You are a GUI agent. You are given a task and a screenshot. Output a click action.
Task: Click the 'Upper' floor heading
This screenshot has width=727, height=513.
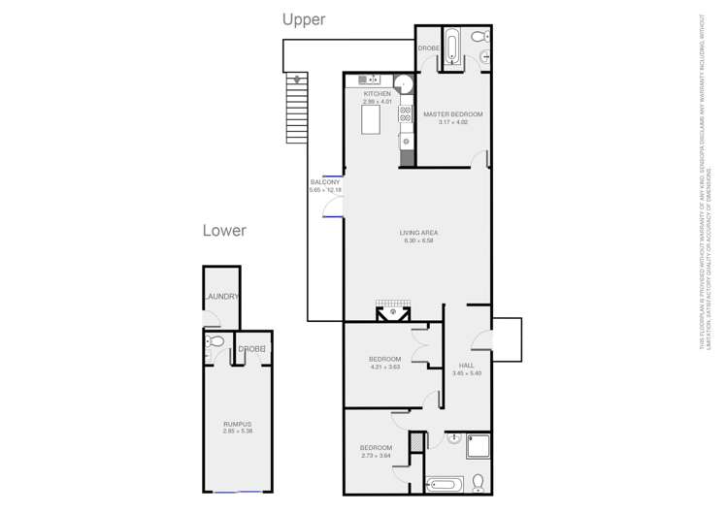(303, 18)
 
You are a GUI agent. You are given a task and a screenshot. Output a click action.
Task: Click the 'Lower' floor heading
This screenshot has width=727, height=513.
(223, 231)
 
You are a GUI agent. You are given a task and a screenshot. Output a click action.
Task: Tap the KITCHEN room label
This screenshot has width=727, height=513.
(377, 94)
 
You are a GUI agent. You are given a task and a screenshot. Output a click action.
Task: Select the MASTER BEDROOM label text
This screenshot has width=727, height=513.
(452, 114)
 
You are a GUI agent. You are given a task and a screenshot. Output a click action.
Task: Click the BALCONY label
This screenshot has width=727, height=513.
(325, 182)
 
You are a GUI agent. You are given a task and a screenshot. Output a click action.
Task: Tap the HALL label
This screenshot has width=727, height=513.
(466, 366)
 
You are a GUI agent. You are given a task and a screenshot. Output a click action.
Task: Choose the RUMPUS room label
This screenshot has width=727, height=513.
(237, 424)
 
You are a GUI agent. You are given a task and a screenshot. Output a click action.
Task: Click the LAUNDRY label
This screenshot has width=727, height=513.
(221, 298)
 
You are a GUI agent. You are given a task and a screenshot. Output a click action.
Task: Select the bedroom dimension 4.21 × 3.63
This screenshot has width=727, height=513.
(384, 367)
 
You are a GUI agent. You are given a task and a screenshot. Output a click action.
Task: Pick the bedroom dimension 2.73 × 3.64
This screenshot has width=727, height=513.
(376, 455)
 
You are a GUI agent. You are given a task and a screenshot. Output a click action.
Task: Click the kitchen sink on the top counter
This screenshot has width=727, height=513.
(369, 80)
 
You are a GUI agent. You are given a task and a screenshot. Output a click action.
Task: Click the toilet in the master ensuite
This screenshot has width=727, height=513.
(477, 38)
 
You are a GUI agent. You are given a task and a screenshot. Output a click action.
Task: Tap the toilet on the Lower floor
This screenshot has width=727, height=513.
(216, 342)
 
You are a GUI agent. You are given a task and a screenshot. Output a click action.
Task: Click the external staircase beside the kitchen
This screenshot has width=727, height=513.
(297, 108)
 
